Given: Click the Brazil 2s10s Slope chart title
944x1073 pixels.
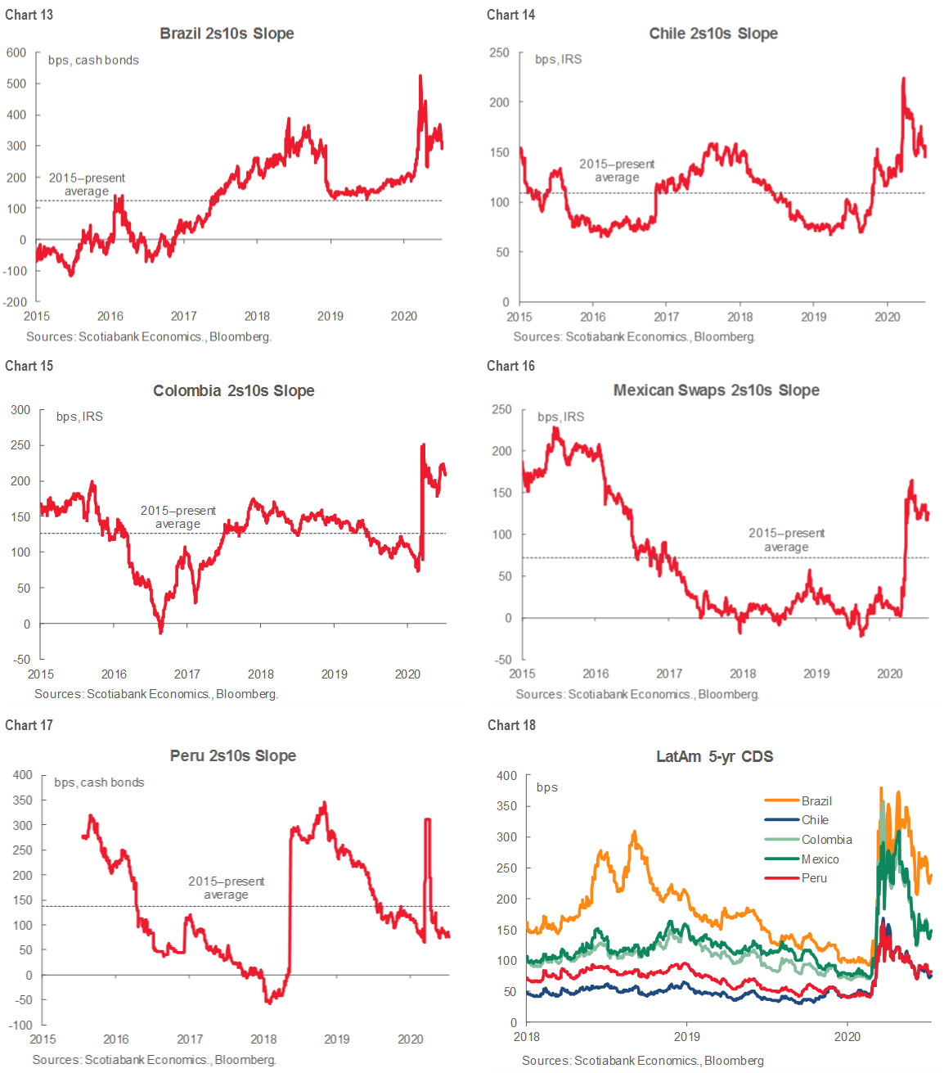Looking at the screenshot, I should coord(227,34).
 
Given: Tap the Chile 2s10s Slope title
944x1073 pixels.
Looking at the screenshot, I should coord(713,34).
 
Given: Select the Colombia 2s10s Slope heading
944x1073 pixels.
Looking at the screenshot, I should coord(234,390).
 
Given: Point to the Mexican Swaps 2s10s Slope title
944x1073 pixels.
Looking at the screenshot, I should coord(717,390).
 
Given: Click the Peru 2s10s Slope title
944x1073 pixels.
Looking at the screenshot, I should coord(233,755).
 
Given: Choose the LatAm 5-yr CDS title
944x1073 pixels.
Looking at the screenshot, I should coord(715,756).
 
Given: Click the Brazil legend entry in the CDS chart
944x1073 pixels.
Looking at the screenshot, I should coord(816,800).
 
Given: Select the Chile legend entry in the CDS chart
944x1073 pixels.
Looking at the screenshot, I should coord(814,819).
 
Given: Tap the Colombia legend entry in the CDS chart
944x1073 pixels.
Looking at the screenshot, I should coord(826,839).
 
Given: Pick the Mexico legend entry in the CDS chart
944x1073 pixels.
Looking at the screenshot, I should coord(820,859).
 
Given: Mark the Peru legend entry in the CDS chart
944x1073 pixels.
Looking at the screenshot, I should coord(814,877).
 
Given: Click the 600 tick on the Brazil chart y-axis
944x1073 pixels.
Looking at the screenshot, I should coord(16,52).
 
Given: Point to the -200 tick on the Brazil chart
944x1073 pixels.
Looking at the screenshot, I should coord(16,302).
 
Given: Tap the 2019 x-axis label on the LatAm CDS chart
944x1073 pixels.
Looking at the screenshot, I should coord(687,1036).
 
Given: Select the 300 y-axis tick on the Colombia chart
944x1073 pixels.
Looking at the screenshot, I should coord(20,410).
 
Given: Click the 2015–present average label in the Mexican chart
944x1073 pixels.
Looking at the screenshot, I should coord(786,540).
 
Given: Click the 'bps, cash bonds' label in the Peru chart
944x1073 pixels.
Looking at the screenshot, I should coord(99,782).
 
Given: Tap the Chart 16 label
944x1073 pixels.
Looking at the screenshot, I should coord(510,366).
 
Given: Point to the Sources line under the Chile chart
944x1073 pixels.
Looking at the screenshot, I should coord(634,336).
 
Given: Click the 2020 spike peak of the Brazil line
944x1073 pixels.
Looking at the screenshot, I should coord(420,76).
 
